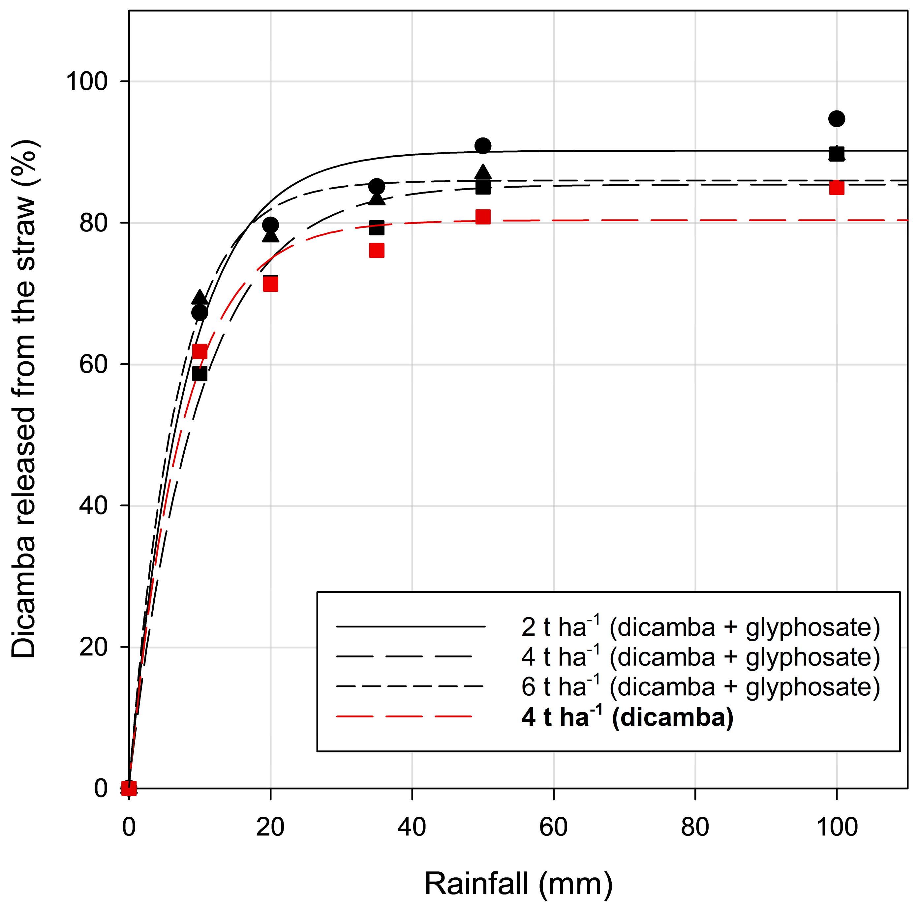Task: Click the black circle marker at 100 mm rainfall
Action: (836, 118)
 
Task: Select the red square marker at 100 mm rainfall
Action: (836, 188)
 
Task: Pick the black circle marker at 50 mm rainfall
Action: (483, 146)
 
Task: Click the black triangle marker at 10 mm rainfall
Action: (199, 297)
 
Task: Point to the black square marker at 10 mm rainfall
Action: (199, 374)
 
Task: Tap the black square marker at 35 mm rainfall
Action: (376, 227)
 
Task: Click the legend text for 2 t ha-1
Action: (700, 627)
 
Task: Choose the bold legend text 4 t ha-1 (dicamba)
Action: (627, 717)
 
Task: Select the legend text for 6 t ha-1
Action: (700, 687)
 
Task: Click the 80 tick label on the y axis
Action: (94, 223)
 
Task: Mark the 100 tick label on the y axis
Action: (87, 81)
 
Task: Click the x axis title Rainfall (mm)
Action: (518, 884)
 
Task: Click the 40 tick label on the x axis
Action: (412, 827)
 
